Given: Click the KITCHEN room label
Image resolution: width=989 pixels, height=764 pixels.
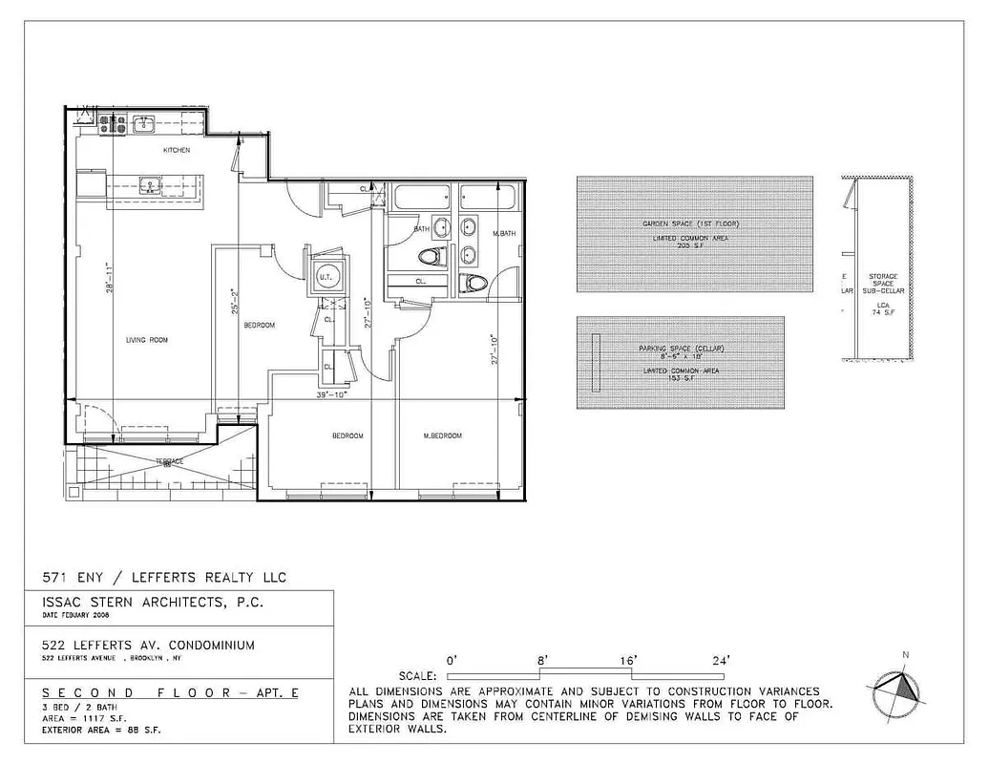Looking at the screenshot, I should point(177,150).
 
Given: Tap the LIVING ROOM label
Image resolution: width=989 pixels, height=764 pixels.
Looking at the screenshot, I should point(147,339).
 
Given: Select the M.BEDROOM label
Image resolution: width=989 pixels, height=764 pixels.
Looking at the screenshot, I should point(442,435).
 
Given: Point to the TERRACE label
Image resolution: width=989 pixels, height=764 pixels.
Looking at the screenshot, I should point(170,462).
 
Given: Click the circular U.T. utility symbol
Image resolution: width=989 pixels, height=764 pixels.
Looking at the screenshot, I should point(325,276).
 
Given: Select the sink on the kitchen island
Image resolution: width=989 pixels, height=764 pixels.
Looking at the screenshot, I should point(151,185).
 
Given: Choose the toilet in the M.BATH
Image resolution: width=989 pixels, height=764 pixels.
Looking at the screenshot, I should point(473,282).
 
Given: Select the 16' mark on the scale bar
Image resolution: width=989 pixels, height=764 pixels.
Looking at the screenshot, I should point(627,660).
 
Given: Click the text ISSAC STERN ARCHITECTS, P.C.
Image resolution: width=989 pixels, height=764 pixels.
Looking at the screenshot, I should point(150,603).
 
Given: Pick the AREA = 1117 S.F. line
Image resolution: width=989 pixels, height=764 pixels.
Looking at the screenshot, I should point(80,717).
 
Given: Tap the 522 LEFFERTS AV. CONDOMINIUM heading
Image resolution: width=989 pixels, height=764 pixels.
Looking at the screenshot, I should point(148,645).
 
